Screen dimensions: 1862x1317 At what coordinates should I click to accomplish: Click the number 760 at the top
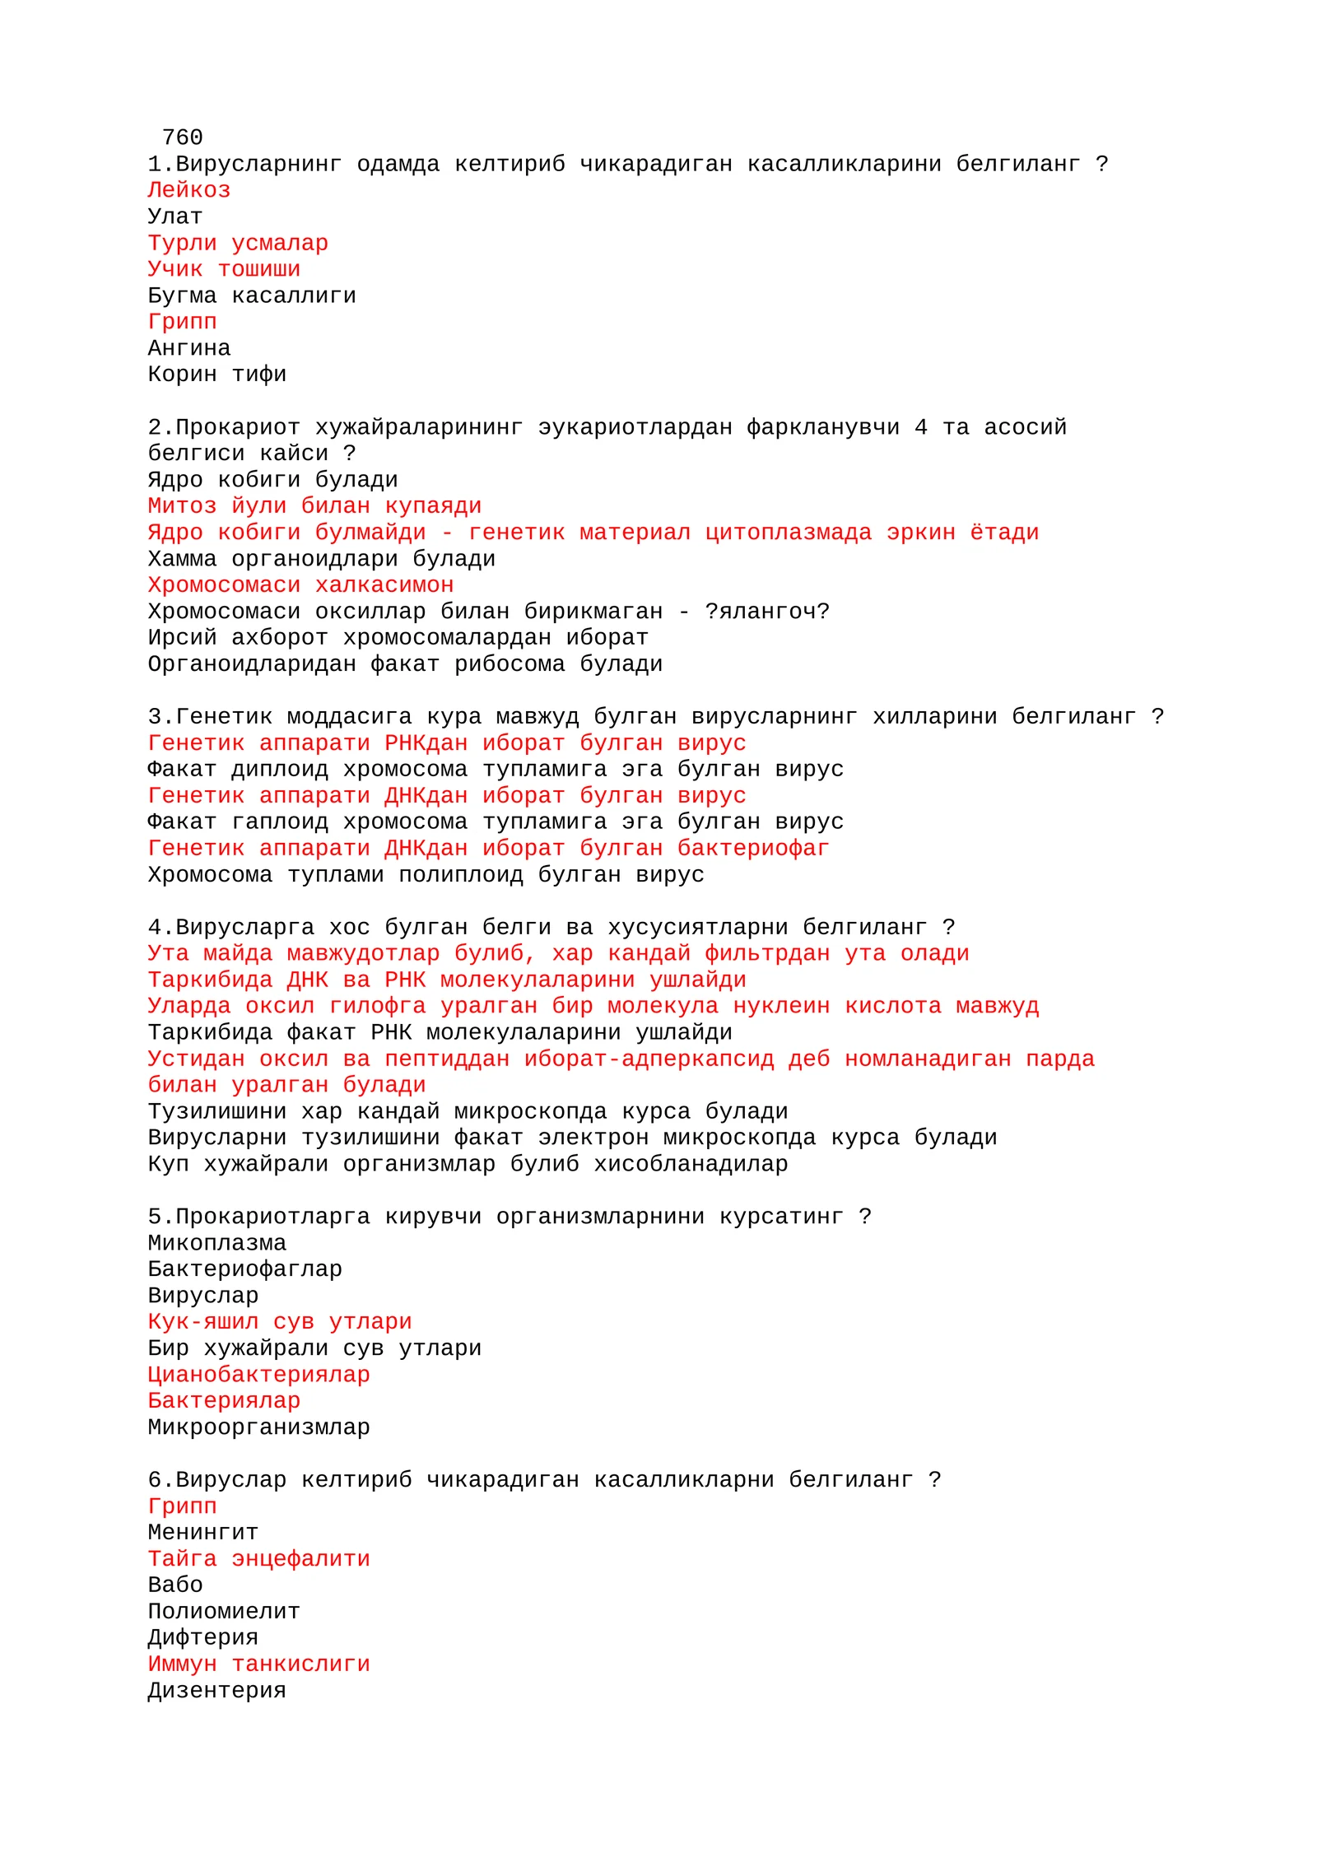pyautogui.click(x=182, y=137)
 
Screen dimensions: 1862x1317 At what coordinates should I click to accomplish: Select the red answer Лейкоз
pyautogui.click(x=188, y=190)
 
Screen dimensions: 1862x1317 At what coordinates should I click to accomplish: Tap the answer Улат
pyautogui.click(x=175, y=216)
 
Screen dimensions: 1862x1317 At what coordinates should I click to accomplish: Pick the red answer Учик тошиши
pyautogui.click(x=224, y=269)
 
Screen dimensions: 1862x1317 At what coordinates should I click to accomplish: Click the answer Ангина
pyautogui.click(x=188, y=348)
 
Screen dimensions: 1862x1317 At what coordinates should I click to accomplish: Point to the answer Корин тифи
pyautogui.click(x=216, y=375)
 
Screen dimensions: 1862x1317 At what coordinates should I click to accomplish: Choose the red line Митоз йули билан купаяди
pyautogui.click(x=314, y=506)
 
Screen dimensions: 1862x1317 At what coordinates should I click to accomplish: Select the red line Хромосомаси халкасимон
pyautogui.click(x=300, y=585)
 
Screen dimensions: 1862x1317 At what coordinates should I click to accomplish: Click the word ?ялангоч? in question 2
pyautogui.click(x=766, y=612)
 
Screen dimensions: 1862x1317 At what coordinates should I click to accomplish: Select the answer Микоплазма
pyautogui.click(x=216, y=1244)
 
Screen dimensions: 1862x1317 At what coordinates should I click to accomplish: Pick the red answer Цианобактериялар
pyautogui.click(x=258, y=1376)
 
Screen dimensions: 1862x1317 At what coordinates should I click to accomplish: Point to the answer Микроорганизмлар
pyautogui.click(x=258, y=1428)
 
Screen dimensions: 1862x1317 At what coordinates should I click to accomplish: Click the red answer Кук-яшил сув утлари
pyautogui.click(x=279, y=1323)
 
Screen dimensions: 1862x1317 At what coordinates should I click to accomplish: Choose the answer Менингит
pyautogui.click(x=202, y=1534)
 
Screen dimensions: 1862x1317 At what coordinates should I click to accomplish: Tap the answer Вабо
pyautogui.click(x=175, y=1586)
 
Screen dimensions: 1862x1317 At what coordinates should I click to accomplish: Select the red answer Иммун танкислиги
pyautogui.click(x=258, y=1665)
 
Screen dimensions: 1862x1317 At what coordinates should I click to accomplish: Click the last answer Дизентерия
pyautogui.click(x=216, y=1692)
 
